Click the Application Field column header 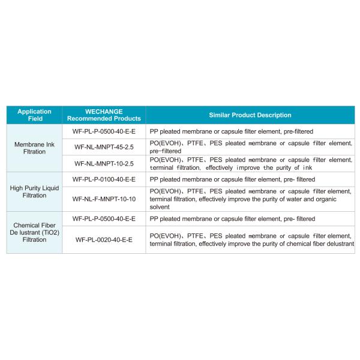click(34, 115)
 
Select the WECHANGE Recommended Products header click(104, 115)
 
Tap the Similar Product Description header click(250, 115)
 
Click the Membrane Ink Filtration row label click(34, 148)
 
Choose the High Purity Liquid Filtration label click(34, 191)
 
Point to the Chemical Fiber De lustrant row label click(34, 231)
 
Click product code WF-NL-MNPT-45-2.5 click(104, 146)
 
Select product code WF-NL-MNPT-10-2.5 click(104, 163)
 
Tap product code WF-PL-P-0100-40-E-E click(104, 179)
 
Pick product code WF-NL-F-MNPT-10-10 click(104, 199)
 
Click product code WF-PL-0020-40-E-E click(104, 239)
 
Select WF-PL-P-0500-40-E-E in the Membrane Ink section click(104, 130)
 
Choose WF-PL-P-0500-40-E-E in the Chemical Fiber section click(104, 218)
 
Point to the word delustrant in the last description click(337, 244)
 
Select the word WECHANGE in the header click(104, 111)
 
